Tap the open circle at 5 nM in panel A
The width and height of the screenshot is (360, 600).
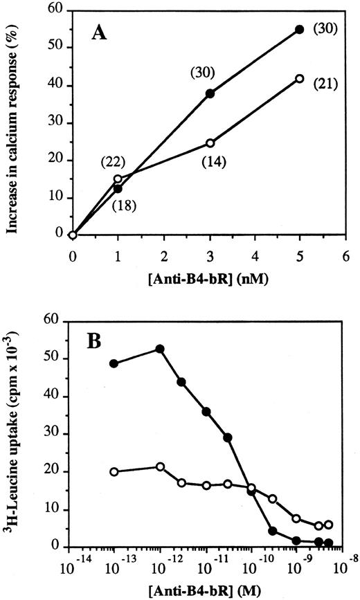tap(299, 79)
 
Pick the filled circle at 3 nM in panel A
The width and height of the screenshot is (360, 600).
tap(209, 93)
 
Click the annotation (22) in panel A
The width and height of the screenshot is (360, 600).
tap(113, 162)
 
